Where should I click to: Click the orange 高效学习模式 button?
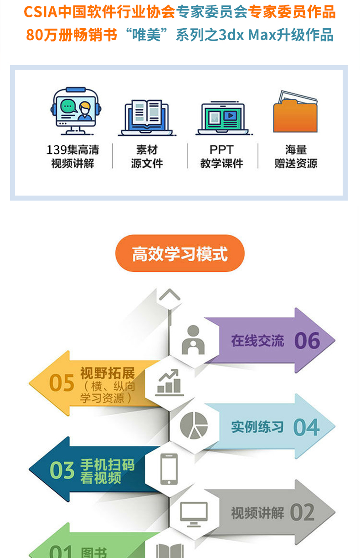click(x=180, y=253)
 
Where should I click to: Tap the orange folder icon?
click(x=295, y=112)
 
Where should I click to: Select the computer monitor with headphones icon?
click(x=76, y=111)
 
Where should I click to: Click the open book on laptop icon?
click(x=147, y=118)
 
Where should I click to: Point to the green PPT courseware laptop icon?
click(x=223, y=118)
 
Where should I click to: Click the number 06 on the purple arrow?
click(x=307, y=341)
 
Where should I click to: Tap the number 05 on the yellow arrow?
click(x=62, y=383)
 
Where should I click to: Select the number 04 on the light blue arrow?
click(x=306, y=427)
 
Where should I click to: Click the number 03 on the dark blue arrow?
click(x=62, y=470)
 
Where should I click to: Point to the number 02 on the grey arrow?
click(x=302, y=512)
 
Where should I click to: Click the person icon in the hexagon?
click(x=193, y=340)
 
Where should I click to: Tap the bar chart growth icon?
click(x=170, y=382)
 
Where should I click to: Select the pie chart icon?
click(x=194, y=425)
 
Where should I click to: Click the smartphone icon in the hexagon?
click(x=169, y=469)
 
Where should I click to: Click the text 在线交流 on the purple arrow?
click(x=257, y=341)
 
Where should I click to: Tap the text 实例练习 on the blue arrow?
click(x=257, y=427)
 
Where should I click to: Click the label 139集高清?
click(x=73, y=150)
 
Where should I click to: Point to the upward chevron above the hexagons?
click(x=170, y=294)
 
